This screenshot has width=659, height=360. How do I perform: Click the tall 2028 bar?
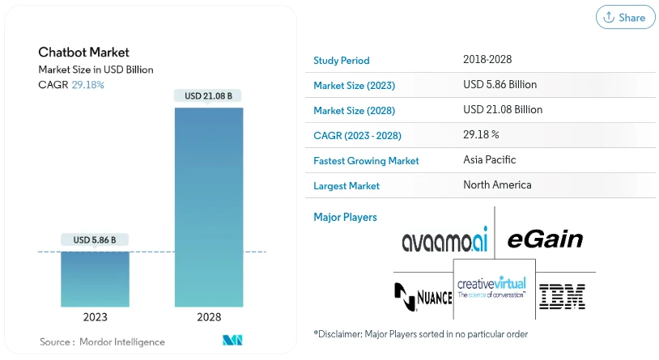pos(209,207)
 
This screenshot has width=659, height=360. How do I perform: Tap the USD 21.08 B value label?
pos(209,95)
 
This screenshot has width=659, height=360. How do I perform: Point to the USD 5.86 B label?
pos(95,239)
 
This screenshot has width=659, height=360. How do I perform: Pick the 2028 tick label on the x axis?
pos(209,318)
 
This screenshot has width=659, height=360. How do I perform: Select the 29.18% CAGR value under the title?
pos(87,84)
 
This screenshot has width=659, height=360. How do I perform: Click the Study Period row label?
pos(341,61)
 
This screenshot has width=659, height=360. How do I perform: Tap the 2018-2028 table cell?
pos(487,60)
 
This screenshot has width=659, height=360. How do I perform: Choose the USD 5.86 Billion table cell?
pos(500,85)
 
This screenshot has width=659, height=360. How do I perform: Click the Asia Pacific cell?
pos(489,160)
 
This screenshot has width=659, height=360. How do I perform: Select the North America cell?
pos(497,185)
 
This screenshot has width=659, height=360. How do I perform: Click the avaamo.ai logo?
pos(444,240)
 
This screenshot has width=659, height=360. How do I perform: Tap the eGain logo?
pos(545,239)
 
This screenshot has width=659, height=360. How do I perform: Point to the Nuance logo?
pos(423,296)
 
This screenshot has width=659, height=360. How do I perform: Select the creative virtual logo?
pos(491,287)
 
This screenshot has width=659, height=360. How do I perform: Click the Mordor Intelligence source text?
pos(102,342)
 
